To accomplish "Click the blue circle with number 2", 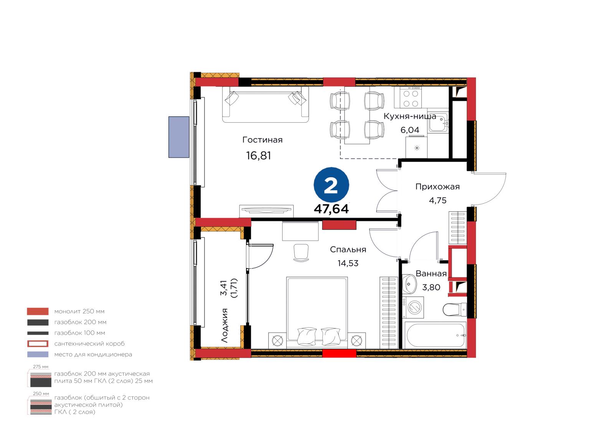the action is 331,185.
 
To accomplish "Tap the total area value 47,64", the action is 331,209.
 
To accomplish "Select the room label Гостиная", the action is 262,140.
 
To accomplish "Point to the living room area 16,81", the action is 259,156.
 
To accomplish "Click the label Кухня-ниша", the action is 410,116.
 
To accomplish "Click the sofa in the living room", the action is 265,104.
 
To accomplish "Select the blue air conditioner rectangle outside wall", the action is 179,137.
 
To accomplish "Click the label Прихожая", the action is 437,187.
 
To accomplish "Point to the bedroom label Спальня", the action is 348,249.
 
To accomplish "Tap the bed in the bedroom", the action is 317,313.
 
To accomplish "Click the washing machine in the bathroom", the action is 413,307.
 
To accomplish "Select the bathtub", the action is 436,335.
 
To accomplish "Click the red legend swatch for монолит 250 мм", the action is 38,311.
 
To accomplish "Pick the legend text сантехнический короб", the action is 89,343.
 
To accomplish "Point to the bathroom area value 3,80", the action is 431,287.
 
